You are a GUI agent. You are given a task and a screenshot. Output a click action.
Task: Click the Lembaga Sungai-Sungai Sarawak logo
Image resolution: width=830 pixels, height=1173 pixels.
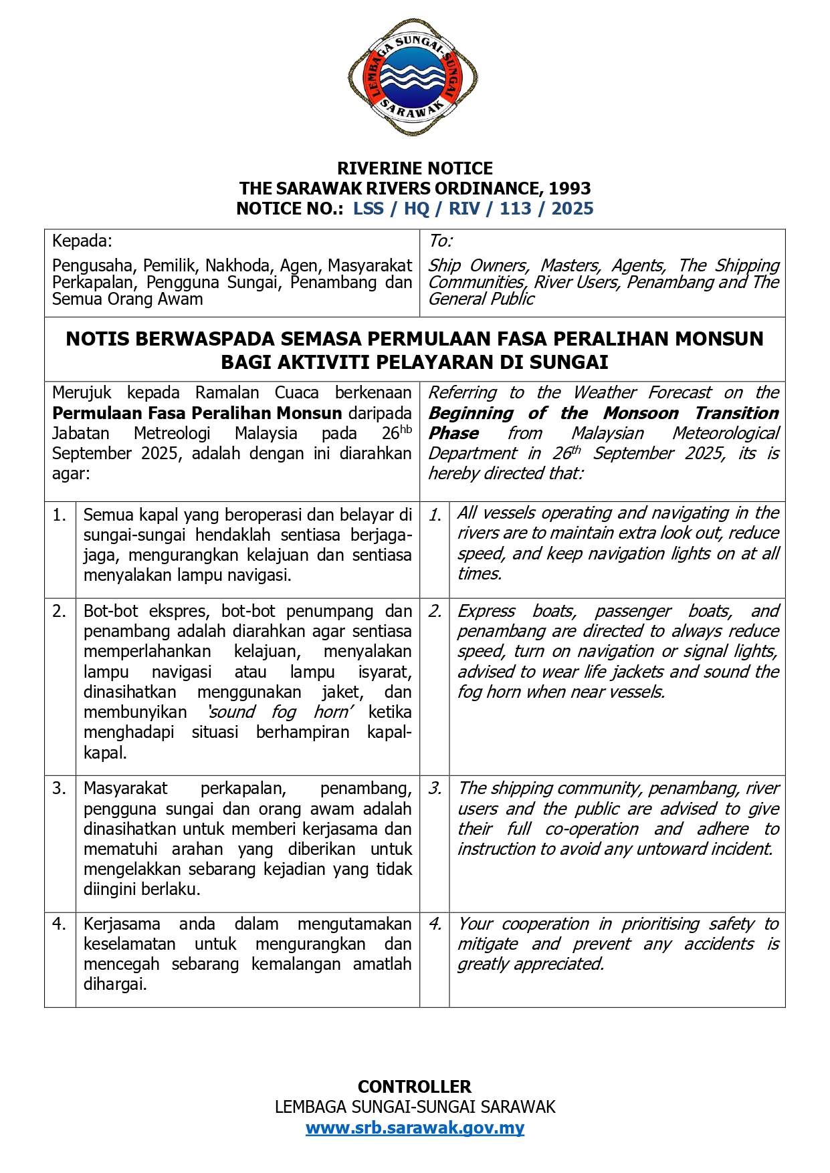pos(413,78)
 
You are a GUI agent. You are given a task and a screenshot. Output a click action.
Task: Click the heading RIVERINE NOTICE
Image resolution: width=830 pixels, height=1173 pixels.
pos(415,168)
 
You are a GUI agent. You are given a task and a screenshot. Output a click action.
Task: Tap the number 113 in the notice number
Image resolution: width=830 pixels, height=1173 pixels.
pos(515,209)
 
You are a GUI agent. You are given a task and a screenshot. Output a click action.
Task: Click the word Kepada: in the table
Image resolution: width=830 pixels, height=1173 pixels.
pos(82,241)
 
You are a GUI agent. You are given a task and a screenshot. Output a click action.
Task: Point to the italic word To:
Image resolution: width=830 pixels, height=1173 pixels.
pos(440,241)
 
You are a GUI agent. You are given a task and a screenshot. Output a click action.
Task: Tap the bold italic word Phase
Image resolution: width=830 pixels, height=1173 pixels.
pos(453,433)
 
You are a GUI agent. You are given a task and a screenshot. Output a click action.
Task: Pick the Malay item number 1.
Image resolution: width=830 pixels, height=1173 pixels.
pos(60,515)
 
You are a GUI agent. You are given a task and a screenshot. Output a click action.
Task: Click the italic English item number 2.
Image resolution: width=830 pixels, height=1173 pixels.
pos(435,612)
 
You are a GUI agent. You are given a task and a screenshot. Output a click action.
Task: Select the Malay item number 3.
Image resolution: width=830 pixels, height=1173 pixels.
pos(60,789)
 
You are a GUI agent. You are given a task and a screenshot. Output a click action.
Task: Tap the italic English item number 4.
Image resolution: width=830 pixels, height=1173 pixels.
pos(435,924)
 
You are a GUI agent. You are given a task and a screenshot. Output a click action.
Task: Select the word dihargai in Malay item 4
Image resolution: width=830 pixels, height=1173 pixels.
pos(114,985)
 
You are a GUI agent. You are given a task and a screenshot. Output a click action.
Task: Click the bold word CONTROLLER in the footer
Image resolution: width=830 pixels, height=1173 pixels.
pos(415,1086)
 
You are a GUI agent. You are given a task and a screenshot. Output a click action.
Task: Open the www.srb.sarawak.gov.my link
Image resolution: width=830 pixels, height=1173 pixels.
pos(415,1128)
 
